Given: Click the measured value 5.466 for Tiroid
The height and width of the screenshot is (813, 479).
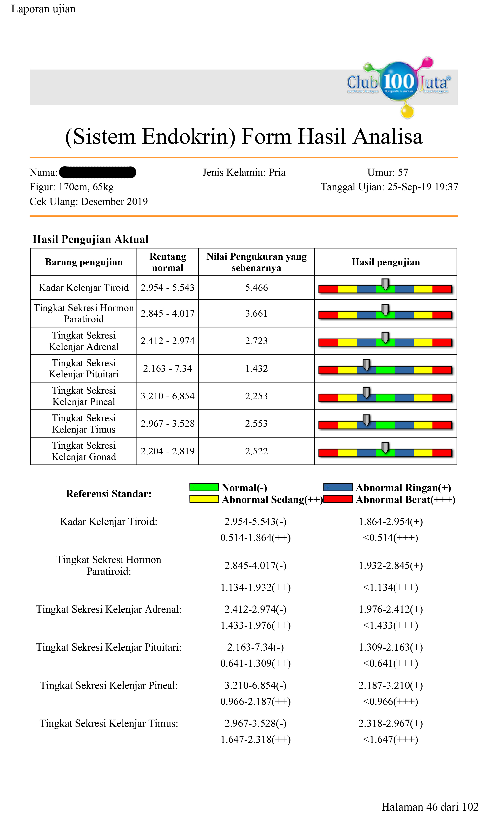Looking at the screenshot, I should coord(256,288).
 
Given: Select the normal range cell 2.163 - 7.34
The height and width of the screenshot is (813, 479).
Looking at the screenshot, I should coord(167,368).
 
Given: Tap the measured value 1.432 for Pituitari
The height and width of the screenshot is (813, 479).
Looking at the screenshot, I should coord(256,368).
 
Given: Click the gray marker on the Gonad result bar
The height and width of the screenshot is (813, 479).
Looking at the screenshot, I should coord(385,447).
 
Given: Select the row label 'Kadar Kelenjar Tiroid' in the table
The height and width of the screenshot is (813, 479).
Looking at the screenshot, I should coord(84,288).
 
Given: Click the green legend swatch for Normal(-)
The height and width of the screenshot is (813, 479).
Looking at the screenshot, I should coord(204,487).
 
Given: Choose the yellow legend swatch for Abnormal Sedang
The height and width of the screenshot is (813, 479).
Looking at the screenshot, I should coord(204,499).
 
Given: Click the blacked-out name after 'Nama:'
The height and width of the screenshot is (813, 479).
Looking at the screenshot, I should coord(98,172).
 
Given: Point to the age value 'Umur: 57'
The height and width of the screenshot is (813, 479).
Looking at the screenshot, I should coord(388,172).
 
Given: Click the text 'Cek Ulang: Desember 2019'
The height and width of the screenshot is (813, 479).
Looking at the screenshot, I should coord(88,202).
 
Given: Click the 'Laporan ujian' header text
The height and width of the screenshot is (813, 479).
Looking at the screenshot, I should coord(43,9).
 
